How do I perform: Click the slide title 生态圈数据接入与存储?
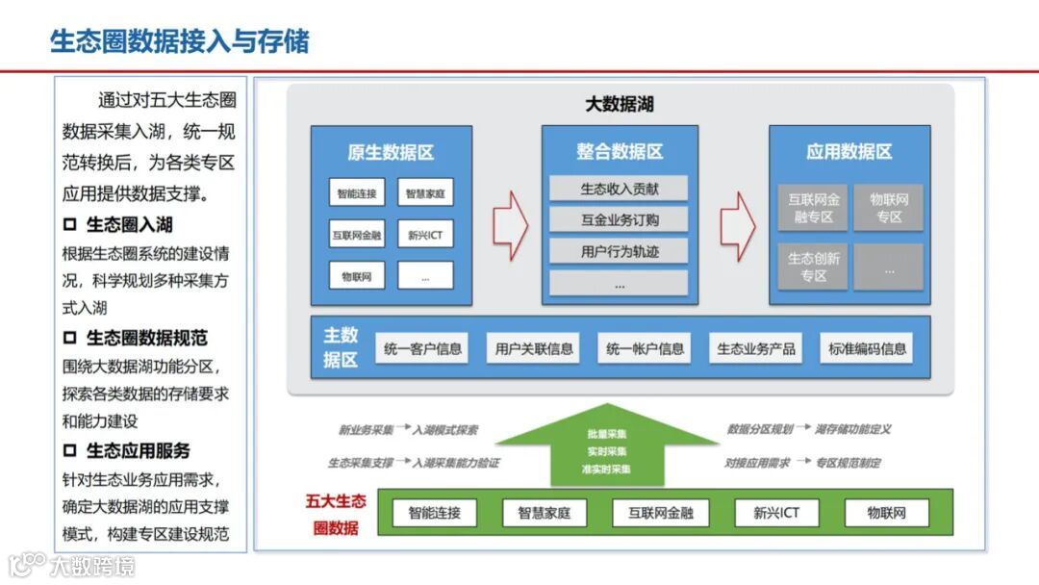(x=179, y=42)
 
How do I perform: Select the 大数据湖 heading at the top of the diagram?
(x=620, y=104)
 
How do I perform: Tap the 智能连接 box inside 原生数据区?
(x=356, y=193)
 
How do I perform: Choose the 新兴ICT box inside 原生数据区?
(x=425, y=235)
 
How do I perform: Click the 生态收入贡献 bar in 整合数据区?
(x=620, y=189)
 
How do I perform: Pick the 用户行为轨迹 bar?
(x=620, y=252)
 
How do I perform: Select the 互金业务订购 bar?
(x=620, y=220)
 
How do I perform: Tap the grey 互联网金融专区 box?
(x=814, y=208)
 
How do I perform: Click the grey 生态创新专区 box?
(x=814, y=267)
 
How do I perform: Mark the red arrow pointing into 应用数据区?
(x=737, y=220)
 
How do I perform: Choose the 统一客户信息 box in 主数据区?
(x=422, y=348)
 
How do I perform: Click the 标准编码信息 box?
(x=868, y=348)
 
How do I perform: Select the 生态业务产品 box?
(x=756, y=348)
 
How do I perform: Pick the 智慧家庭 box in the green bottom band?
(x=545, y=513)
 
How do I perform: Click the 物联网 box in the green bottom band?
(x=887, y=513)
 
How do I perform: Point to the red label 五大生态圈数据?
(x=336, y=514)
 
